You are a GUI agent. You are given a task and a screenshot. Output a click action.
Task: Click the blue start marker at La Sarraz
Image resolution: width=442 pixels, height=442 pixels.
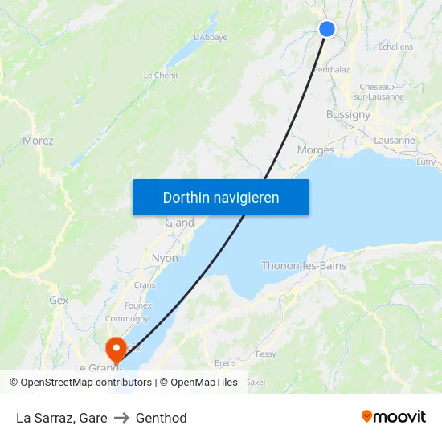point(327,29)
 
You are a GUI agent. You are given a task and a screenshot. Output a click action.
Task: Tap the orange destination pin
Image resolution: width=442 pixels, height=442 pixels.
point(117,347)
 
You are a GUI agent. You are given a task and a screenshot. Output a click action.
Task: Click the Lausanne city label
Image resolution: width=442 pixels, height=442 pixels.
point(395,140)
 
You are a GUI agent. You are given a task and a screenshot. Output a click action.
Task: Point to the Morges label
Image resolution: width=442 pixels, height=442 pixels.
point(316,150)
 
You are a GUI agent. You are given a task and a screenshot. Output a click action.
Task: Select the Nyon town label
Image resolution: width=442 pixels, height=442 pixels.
point(165,258)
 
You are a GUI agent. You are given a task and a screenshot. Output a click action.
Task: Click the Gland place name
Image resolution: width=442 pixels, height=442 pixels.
point(179,223)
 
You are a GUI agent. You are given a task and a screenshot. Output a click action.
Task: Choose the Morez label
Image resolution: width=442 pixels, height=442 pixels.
point(38,141)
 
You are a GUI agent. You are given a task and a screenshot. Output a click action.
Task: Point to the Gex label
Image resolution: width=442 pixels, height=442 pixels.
point(59,300)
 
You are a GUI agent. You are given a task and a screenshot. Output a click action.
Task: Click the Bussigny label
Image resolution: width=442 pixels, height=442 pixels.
point(348,115)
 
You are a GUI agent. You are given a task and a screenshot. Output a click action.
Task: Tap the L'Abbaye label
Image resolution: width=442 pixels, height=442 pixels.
point(211,37)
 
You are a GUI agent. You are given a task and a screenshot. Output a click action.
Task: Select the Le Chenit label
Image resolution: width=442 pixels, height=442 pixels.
point(161,76)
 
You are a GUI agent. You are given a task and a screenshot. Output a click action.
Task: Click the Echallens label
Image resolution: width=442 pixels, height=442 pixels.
point(395,47)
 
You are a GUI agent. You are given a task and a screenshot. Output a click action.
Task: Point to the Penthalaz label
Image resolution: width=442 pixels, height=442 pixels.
point(331,70)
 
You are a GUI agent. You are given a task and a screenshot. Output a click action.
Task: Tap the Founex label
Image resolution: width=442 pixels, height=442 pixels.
point(137,305)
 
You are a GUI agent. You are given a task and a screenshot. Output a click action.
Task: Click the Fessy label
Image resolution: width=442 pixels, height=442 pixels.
point(265,354)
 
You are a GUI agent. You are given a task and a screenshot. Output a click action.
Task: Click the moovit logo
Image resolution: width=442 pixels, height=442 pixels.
point(393,417)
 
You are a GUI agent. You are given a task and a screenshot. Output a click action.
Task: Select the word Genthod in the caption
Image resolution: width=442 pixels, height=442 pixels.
point(162,418)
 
